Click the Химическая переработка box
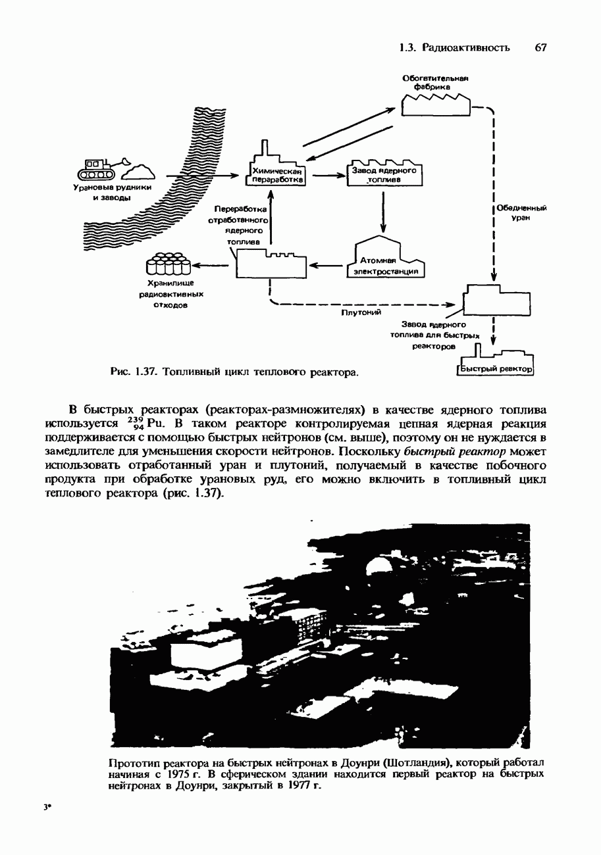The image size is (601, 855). [x=275, y=174]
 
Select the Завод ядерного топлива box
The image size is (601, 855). [x=384, y=174]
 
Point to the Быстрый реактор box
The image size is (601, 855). [x=496, y=369]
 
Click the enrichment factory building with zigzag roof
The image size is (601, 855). [x=435, y=105]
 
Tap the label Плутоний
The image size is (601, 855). [x=361, y=314]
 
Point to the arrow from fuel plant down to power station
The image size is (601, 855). [x=383, y=210]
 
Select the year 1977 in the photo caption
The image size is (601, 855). [x=294, y=787]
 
